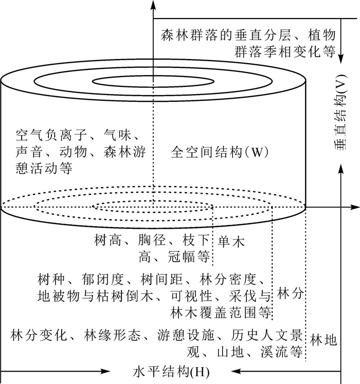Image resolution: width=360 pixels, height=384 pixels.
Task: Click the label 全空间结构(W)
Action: coord(220,153)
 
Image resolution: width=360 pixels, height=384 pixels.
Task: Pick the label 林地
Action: coord(324,340)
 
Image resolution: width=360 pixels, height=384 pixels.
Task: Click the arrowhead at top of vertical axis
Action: coord(153,5)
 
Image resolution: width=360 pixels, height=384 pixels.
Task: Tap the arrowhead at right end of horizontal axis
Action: coord(355,207)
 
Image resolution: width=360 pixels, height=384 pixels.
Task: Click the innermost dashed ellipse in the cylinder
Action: coord(153,207)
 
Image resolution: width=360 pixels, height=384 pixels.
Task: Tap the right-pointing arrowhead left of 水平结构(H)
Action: coord(106,371)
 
